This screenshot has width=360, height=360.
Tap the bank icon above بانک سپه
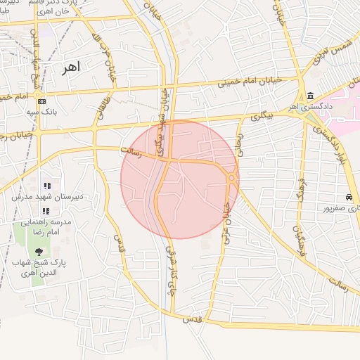pyautogui.click(x=40, y=100)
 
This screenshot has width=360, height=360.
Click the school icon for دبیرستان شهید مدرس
pyautogui.click(x=46, y=186)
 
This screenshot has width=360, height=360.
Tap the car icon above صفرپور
pyautogui.click(x=349, y=198)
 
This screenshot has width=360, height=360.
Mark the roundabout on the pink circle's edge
pyautogui.click(x=231, y=179)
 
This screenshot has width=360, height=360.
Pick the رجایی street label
pyautogui.click(x=239, y=143)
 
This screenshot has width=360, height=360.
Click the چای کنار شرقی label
pyautogui.click(x=169, y=271)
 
